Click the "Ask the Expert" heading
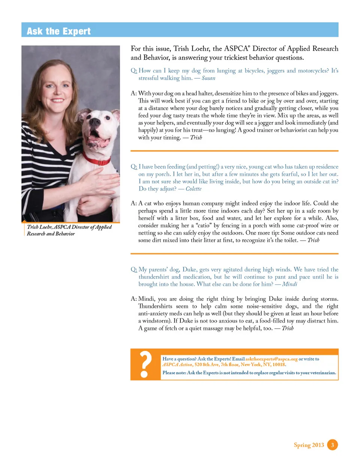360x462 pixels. tap(58, 31)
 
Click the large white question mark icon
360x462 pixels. tap(145, 364)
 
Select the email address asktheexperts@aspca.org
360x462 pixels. tap(271, 359)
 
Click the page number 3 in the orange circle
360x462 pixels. tap(333, 445)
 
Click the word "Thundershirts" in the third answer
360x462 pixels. tap(156, 306)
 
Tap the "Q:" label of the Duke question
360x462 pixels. tap(133, 269)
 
